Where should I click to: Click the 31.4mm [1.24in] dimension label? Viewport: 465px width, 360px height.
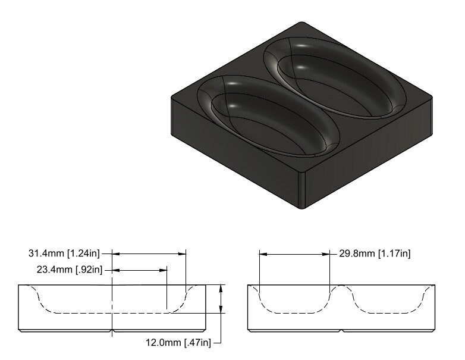[x=65, y=253]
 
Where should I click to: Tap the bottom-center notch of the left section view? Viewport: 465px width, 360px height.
[x=112, y=330]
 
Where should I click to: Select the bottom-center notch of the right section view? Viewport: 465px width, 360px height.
[x=341, y=330]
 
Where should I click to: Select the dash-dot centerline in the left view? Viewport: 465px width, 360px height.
[x=112, y=298]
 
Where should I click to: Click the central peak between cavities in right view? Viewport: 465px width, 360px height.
[x=341, y=288]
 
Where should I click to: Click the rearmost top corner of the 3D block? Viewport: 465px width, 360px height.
[x=302, y=23]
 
